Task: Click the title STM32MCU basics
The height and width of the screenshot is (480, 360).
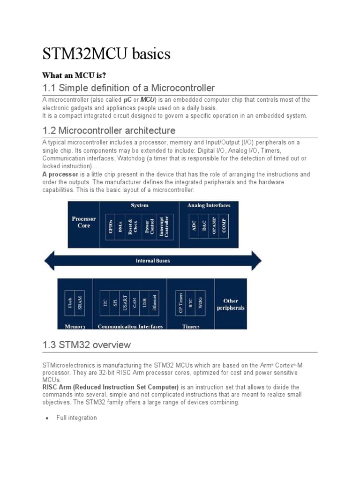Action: (106, 55)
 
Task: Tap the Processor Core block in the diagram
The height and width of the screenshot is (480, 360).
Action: (83, 222)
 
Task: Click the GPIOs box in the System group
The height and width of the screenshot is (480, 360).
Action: (111, 226)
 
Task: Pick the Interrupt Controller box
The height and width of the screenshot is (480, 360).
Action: (164, 226)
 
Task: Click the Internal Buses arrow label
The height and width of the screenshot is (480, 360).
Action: (153, 261)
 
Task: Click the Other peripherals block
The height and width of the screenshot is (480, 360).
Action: (230, 304)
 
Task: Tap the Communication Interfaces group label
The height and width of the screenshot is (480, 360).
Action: (130, 326)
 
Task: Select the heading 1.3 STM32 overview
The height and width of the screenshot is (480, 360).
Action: (86, 345)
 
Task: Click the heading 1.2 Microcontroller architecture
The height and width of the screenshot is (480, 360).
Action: (109, 130)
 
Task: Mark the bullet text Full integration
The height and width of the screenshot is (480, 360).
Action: (76, 418)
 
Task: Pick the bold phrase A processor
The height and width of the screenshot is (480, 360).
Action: (59, 174)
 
